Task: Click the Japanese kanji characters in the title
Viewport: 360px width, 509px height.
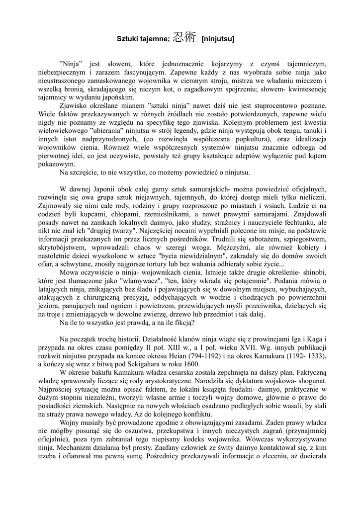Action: click(184, 37)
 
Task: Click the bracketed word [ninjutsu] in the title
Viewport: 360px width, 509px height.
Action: click(218, 38)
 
